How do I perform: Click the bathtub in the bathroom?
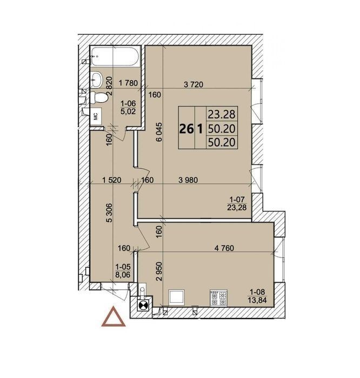coord(115,56)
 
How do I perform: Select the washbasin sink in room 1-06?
coord(97,79)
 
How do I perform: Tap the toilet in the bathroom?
coord(99,98)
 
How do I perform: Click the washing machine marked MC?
coord(96,116)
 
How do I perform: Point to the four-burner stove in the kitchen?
coord(218,298)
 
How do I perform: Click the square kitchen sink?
coord(177,296)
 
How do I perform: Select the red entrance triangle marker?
coord(114,316)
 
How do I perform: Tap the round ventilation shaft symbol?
coord(142,306)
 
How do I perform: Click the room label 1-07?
coord(237,200)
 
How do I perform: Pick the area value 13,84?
coord(257,300)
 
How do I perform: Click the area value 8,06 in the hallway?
coord(123,274)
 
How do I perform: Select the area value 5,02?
coord(128,111)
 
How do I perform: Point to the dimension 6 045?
coord(159,132)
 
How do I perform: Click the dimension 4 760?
coord(224,248)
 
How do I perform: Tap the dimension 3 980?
coord(188,180)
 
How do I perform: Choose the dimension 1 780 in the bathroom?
coord(129,83)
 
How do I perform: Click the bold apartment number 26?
coord(186,129)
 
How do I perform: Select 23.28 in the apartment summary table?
coord(222,114)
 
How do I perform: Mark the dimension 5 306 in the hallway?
coord(109,213)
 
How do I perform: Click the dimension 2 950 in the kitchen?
coord(159,271)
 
